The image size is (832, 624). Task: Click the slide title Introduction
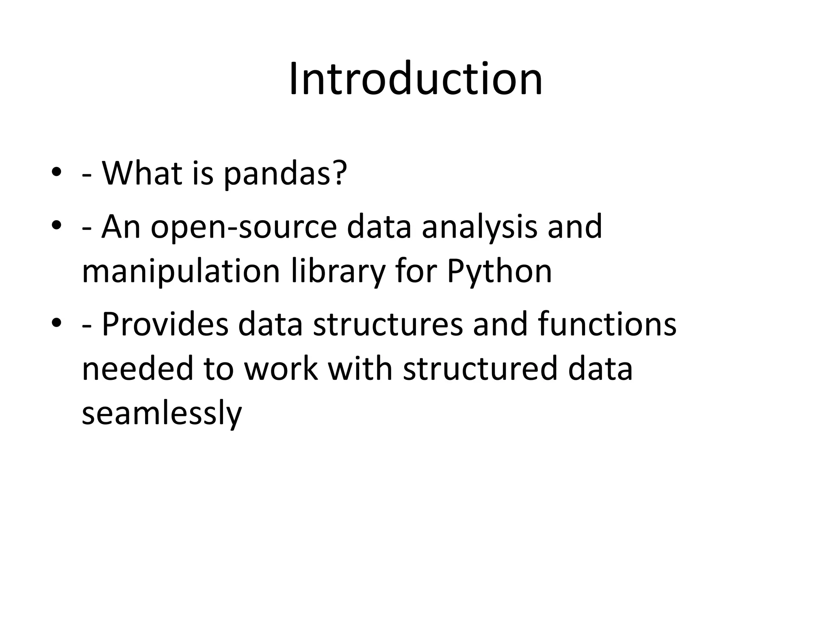416,79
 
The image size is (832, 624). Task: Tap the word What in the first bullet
141,173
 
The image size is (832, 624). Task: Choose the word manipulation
181,272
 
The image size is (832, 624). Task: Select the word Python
499,272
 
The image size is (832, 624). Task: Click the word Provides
165,324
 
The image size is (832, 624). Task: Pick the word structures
388,324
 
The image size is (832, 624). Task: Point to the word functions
607,324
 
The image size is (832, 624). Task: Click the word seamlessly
162,414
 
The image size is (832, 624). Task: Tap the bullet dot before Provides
56,323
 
